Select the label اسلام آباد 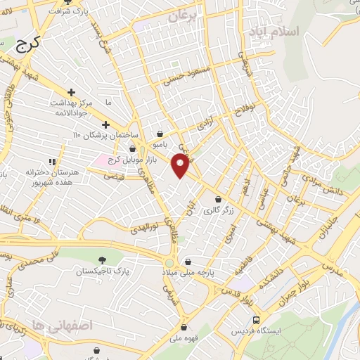pos(278,32)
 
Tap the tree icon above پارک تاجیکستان pos(103,259)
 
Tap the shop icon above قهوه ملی pos(184,326)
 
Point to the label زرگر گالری pos(217,210)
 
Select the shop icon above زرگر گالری pos(218,199)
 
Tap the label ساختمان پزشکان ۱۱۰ pos(106,134)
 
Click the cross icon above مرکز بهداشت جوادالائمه pos(71,92)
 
